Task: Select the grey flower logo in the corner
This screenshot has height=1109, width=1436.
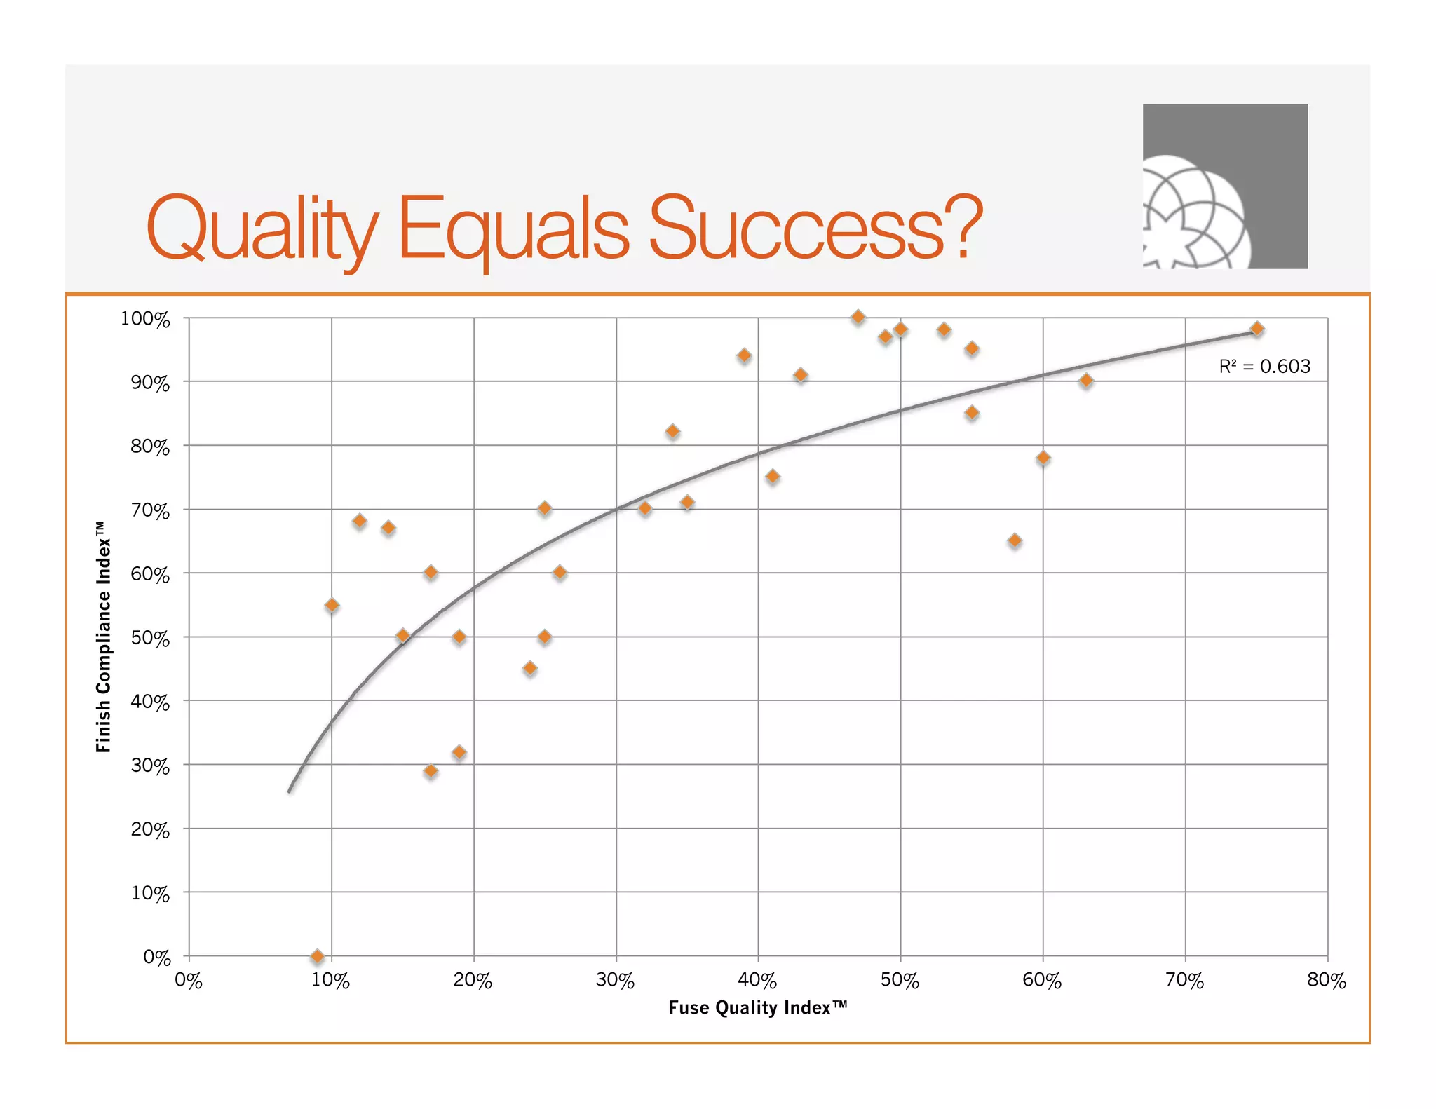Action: coord(1224,186)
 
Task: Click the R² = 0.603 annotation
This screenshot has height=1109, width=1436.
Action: coord(1264,366)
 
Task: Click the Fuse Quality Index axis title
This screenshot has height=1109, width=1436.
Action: coord(757,1007)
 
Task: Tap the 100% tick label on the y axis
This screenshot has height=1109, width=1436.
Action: coord(145,319)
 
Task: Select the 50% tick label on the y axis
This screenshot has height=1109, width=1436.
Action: coord(150,638)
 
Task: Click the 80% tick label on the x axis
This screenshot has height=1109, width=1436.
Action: coord(1327,980)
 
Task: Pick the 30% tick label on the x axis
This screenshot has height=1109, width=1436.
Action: coord(616,980)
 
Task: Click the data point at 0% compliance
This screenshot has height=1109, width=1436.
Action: coord(317,956)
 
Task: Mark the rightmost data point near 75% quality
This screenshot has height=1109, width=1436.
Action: coord(1257,329)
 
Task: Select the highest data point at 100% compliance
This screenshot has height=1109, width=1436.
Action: coord(858,317)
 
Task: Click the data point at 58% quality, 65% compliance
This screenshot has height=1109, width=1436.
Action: coord(1015,540)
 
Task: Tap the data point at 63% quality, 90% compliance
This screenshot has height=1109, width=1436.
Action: coord(1086,381)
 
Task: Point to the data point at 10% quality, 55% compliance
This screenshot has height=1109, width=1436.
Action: coord(332,605)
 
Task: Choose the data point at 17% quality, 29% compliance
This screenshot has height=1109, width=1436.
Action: coord(431,771)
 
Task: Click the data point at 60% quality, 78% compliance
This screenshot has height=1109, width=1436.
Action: coord(1043,458)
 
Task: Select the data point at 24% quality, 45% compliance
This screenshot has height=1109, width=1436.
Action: coord(530,668)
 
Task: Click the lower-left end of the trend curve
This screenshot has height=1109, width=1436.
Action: coord(290,791)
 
